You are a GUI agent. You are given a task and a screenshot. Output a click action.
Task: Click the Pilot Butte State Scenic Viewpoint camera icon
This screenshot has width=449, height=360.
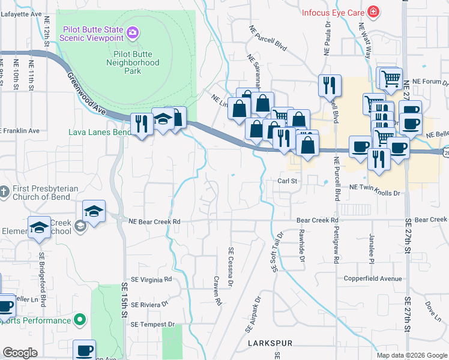pyautogui.click(x=133, y=31)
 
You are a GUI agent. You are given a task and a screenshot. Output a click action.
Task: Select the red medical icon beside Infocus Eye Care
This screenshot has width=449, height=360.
pyautogui.click(x=373, y=11)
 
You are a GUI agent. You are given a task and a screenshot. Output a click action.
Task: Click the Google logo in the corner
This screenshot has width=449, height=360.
pyautogui.click(x=20, y=353)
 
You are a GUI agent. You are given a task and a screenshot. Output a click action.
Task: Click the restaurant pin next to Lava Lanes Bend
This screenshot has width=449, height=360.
pyautogui.click(x=142, y=124)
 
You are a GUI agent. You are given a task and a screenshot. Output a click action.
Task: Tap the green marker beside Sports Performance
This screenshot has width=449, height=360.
pyautogui.click(x=78, y=320)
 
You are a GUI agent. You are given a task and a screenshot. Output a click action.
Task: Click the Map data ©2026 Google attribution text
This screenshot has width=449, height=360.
pyautogui.click(x=412, y=355)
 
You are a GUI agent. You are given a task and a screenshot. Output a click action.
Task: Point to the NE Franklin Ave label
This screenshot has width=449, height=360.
pyautogui.click(x=20, y=130)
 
